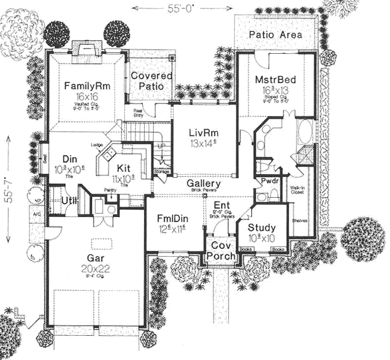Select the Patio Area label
[275, 35]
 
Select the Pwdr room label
[268, 182]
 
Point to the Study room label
[261, 227]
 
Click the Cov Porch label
[221, 251]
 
